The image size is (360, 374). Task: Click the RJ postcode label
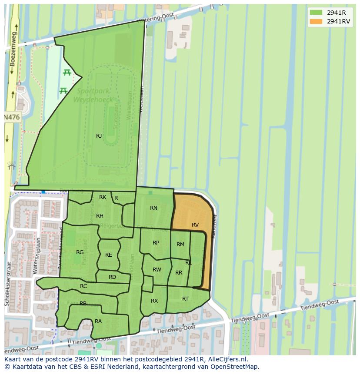tap(99, 136)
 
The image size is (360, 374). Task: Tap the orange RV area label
tap(195, 225)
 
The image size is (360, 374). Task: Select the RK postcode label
tap(103, 197)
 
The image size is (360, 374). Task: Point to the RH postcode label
tap(100, 216)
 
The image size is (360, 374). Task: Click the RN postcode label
tap(153, 208)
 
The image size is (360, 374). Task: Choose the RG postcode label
tap(80, 252)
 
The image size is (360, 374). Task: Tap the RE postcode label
tap(109, 255)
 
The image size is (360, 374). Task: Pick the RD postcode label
tap(112, 277)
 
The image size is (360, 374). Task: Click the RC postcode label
tap(83, 286)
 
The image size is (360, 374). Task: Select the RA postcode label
tap(98, 321)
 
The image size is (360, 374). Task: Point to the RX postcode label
tap(154, 301)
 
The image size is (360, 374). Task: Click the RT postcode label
tap(186, 299)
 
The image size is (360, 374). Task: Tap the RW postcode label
tap(157, 270)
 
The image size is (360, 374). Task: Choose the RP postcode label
tap(156, 243)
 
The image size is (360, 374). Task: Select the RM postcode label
tap(180, 245)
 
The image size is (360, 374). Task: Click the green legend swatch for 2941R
tap(316, 13)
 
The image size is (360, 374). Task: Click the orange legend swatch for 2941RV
tap(316, 22)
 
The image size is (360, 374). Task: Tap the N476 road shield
tap(12, 117)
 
